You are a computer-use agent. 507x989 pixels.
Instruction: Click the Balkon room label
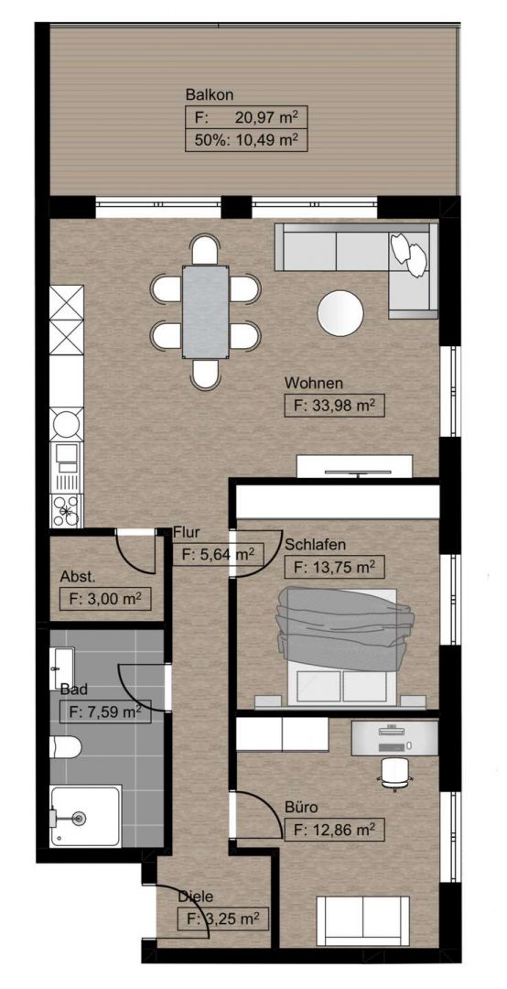210,95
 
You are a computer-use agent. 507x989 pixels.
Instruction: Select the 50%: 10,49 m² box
246,140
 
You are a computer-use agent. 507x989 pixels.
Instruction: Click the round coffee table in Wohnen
340,313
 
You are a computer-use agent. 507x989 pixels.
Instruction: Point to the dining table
206,311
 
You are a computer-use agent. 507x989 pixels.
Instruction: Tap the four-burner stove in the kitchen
66,510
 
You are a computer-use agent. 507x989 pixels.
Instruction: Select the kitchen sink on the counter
66,467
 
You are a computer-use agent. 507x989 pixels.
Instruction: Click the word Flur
187,531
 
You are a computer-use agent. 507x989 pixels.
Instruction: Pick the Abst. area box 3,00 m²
105,599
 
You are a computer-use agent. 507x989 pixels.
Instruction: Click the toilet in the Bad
66,747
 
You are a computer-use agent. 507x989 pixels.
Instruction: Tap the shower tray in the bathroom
86,816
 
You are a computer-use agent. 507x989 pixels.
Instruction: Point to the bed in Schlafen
344,645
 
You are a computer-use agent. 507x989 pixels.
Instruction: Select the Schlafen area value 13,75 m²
335,567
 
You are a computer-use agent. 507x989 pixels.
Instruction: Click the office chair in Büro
394,773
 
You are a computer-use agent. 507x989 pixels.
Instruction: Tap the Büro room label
300,807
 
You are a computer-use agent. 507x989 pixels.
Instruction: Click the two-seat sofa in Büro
362,921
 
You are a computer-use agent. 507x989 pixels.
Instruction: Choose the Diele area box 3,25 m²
223,918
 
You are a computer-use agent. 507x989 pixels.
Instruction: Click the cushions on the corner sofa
409,254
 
